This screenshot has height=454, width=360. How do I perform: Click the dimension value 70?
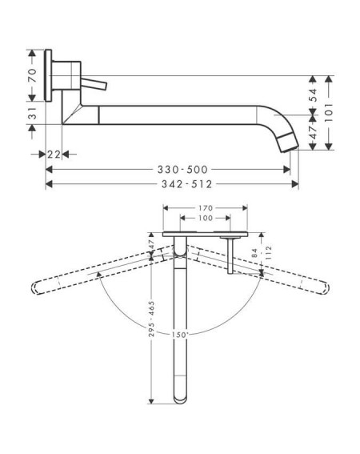coord(34,76)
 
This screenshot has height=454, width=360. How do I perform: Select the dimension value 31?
coord(34,113)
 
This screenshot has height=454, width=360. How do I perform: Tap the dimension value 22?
coord(54,155)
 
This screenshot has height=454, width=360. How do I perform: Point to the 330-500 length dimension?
coord(182,170)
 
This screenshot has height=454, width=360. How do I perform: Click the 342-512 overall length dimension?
coord(186,184)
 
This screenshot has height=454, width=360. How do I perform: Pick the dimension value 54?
coord(314,95)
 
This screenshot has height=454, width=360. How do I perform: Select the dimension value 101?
coord(329,112)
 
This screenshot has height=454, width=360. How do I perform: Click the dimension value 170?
coord(206,208)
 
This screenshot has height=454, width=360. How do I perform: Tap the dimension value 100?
coord(206,218)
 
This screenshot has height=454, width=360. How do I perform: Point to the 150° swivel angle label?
coord(180,335)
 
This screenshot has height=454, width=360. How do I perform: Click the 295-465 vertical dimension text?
coord(151,319)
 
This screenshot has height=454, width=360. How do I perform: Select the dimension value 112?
coord(268,252)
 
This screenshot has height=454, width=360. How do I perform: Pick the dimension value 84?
coord(254,253)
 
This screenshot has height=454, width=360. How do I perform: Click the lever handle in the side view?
coord(94,84)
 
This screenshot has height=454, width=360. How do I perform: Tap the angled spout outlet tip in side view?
coord(289,143)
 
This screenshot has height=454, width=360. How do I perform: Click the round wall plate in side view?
coord(48,75)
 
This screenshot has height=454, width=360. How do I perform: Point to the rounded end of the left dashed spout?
coord(34,288)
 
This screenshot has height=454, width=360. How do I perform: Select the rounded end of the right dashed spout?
coord(326,288)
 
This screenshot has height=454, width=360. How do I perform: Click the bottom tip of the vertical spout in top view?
coord(180,403)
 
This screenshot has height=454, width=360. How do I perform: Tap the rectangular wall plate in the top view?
coord(205,234)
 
